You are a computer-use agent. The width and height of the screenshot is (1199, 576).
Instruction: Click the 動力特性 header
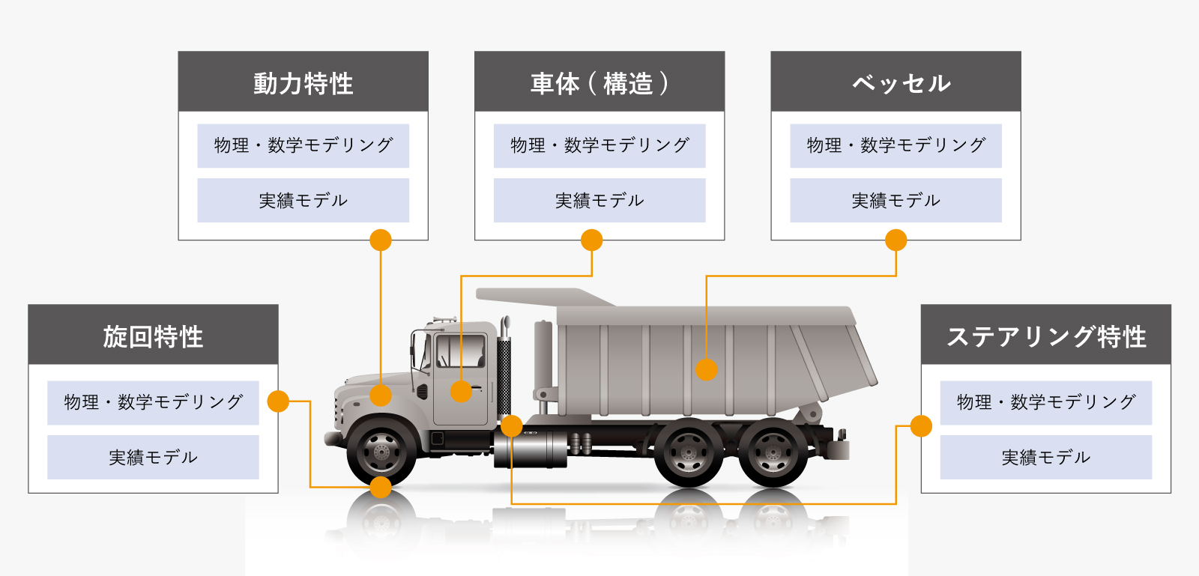[303, 82]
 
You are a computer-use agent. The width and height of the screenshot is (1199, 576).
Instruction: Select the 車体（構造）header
[599, 82]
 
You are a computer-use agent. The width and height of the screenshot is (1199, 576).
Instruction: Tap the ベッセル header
[896, 82]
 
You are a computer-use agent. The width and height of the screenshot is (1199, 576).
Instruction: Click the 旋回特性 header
[153, 336]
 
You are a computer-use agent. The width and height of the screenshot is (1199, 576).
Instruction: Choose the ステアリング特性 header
[1045, 336]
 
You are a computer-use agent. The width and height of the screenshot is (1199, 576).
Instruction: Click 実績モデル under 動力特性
[303, 200]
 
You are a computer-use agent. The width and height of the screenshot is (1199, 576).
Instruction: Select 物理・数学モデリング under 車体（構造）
[599, 145]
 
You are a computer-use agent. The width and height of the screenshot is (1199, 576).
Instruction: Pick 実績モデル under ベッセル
[896, 200]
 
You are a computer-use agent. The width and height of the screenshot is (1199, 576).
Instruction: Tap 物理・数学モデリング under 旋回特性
[153, 402]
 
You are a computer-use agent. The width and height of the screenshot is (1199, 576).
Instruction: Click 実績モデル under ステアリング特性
[1045, 457]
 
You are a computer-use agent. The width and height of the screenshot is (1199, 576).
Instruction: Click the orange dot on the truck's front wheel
[381, 488]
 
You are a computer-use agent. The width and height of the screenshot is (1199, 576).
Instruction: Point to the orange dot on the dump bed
[706, 369]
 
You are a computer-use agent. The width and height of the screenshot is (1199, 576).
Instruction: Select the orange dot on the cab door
[461, 391]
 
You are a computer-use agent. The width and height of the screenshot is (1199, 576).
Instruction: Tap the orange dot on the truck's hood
[381, 395]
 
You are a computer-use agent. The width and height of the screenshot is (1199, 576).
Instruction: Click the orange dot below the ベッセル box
[896, 240]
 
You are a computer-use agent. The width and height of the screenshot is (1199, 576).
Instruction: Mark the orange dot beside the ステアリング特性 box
[921, 426]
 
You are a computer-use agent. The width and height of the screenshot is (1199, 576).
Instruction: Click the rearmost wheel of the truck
[772, 453]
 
